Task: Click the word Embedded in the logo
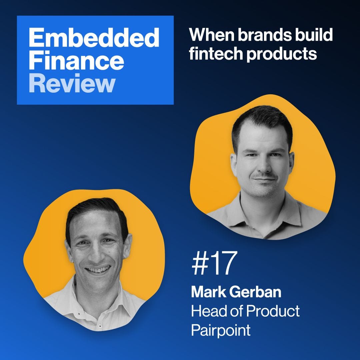tap(94, 38)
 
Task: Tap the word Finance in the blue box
tap(76, 60)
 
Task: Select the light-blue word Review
tap(72, 83)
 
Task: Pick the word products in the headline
tap(282, 55)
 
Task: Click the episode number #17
tap(214, 263)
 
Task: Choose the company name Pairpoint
tap(221, 330)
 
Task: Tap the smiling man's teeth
tap(98, 270)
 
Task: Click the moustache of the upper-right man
tap(264, 176)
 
